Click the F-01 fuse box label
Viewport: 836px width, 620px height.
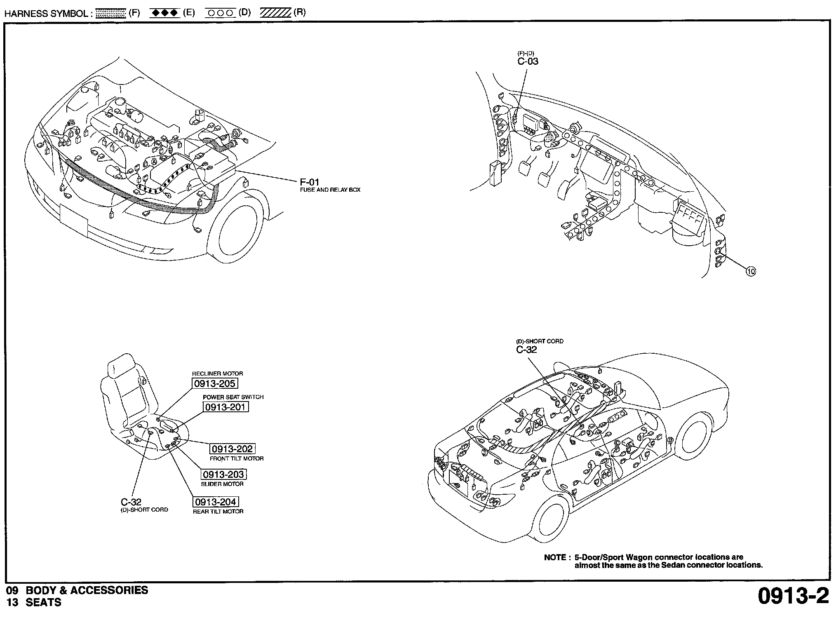coord(310,182)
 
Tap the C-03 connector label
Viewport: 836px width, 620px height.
coord(528,61)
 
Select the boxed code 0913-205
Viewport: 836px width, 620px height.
coord(215,383)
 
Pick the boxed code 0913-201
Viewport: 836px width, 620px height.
coord(226,407)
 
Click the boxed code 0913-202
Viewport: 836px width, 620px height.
coord(232,449)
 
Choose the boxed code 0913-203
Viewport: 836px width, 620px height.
coord(224,474)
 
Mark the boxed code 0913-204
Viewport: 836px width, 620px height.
coord(216,502)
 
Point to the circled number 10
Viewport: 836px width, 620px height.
coord(751,271)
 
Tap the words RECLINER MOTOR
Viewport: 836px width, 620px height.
coord(218,373)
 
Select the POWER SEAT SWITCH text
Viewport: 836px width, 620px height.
coord(233,397)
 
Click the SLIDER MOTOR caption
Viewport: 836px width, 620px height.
coord(222,484)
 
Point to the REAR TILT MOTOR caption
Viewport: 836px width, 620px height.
coord(218,511)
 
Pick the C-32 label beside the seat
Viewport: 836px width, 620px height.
coord(131,502)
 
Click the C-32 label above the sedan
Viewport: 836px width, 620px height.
coord(526,350)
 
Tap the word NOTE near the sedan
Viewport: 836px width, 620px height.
coord(555,557)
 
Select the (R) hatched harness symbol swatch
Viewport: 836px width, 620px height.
coord(276,13)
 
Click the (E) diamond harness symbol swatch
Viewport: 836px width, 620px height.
coord(165,13)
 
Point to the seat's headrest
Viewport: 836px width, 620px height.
coord(121,365)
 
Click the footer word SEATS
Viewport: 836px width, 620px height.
coord(43,602)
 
